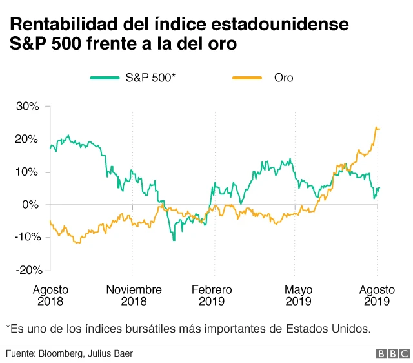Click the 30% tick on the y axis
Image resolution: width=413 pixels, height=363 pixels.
[x=28, y=107]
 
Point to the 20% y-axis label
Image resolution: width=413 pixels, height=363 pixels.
[x=28, y=140]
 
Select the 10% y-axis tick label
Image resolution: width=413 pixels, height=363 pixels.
[x=28, y=172]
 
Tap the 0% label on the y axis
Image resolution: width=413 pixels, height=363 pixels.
[x=31, y=205]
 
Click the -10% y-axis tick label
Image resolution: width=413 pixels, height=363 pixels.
[x=26, y=237]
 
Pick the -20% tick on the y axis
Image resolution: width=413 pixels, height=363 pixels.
[x=26, y=270]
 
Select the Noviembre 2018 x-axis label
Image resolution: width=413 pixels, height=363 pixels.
[x=134, y=295]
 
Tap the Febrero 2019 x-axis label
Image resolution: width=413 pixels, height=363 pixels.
[x=212, y=295]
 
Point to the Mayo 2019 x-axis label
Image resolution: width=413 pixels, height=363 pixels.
[x=298, y=295]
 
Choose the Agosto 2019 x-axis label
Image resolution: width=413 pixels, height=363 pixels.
[x=377, y=295]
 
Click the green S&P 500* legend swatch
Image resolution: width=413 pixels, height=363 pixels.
[x=105, y=78]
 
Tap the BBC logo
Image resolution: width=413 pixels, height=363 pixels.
[x=392, y=354]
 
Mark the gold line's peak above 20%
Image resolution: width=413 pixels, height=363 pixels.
[x=376, y=128]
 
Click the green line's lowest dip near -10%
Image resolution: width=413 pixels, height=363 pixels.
[x=174, y=240]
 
